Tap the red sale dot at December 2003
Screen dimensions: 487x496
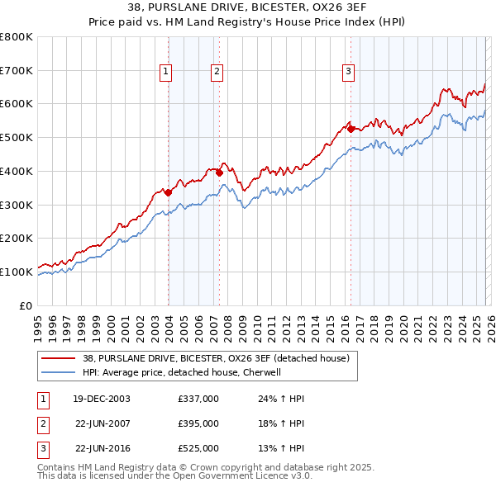point(168,192)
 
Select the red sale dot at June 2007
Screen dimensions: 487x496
point(219,173)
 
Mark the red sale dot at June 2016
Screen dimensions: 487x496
point(351,129)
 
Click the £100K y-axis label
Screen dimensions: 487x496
point(17,272)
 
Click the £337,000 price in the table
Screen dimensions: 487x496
point(198,399)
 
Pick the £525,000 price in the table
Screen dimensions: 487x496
point(198,448)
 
